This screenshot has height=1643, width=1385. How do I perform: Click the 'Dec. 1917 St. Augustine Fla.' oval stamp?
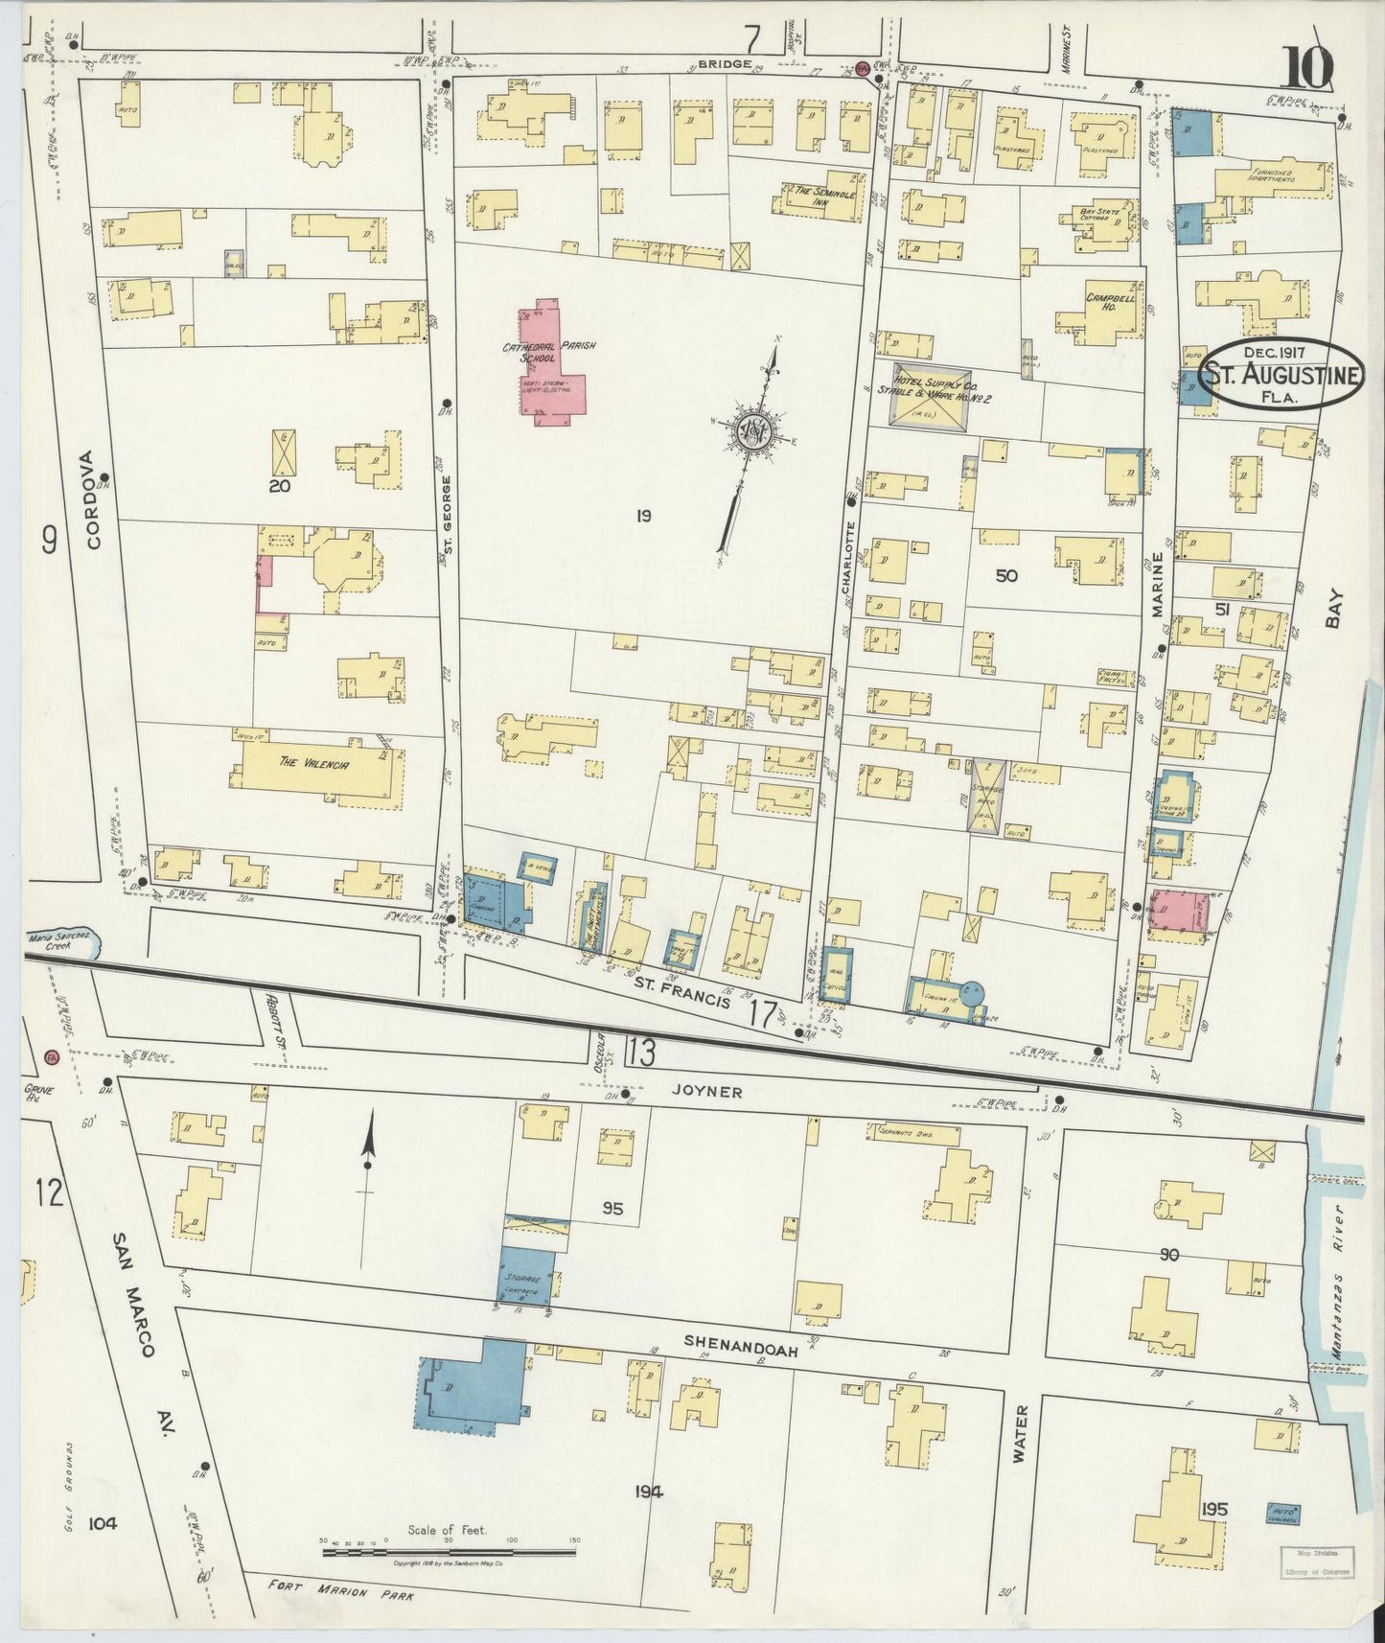tap(1282, 373)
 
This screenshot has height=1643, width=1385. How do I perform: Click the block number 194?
tap(648, 1492)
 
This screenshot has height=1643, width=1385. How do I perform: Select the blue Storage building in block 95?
tap(527, 1276)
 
